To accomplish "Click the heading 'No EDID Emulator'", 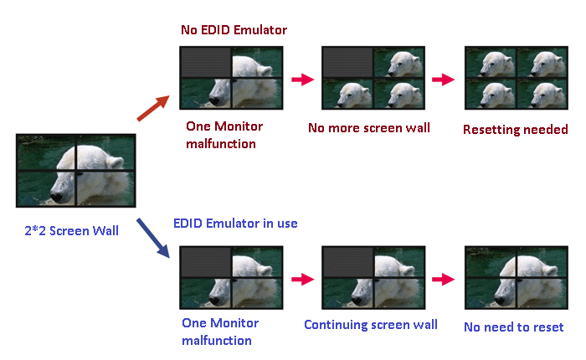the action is (234, 30).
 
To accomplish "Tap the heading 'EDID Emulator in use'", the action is (235, 224).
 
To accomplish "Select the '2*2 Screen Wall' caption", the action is (71, 231).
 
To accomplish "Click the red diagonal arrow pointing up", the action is (153, 108).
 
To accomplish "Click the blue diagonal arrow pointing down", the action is (153, 238).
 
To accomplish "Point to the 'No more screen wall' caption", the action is (369, 128).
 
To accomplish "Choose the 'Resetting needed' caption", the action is (516, 129).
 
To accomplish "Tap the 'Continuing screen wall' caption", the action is (371, 325).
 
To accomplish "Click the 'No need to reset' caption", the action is (513, 327).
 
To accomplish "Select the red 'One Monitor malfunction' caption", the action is (224, 135).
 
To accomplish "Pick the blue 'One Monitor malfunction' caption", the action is (220, 332).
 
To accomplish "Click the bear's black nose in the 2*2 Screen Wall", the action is (57, 196).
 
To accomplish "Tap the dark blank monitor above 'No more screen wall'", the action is (347, 63).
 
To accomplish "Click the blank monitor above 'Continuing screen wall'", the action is (347, 262).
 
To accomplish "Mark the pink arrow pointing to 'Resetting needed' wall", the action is (443, 80).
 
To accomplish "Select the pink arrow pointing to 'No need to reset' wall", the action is (443, 279).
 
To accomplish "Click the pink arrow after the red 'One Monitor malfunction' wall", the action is (303, 80).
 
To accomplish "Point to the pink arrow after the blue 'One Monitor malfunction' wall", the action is (303, 279).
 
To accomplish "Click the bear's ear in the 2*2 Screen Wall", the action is (115, 162).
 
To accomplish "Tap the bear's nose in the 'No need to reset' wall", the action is (499, 300).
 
